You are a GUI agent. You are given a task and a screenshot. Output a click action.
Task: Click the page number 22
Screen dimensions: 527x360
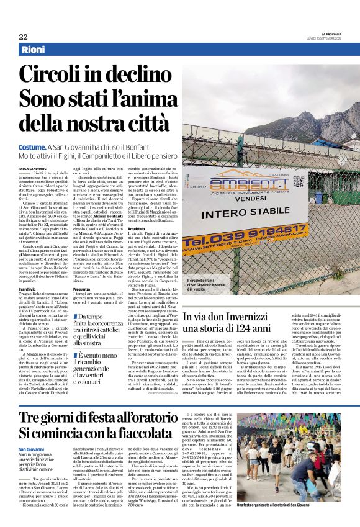coord(23,37)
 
